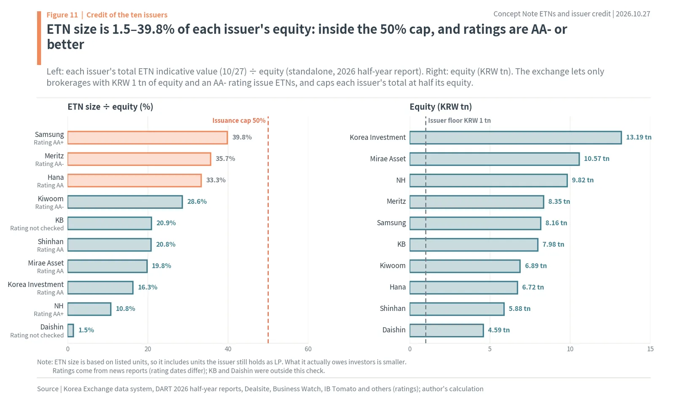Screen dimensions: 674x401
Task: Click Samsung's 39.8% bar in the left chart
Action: click(147, 137)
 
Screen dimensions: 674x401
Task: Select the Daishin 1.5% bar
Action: click(71, 330)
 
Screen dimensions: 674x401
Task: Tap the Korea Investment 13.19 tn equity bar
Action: click(516, 137)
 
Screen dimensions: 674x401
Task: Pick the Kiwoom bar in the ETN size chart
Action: click(125, 202)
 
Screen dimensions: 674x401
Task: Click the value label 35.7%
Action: click(225, 158)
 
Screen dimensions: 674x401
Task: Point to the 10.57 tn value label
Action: click(596, 158)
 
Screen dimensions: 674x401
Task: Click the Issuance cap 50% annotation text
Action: click(239, 120)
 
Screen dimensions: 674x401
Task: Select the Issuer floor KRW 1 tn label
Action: click(459, 120)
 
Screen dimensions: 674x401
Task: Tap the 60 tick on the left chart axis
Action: click(308, 349)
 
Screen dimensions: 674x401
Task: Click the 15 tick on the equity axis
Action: click(650, 349)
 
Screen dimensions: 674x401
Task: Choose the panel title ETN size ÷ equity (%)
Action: click(110, 107)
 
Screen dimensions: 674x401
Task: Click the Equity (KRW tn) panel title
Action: click(441, 107)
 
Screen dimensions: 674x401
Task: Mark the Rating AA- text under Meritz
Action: click(49, 164)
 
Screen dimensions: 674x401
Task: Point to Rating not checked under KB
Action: click(37, 228)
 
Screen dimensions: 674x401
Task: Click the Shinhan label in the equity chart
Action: click(393, 308)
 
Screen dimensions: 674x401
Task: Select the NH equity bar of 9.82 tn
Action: click(489, 181)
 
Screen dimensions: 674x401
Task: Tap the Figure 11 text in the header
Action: click(62, 15)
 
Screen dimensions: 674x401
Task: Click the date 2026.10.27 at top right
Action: click(633, 14)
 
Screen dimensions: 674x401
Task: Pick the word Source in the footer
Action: click(48, 389)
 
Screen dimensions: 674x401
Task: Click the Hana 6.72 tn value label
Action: click(533, 287)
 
